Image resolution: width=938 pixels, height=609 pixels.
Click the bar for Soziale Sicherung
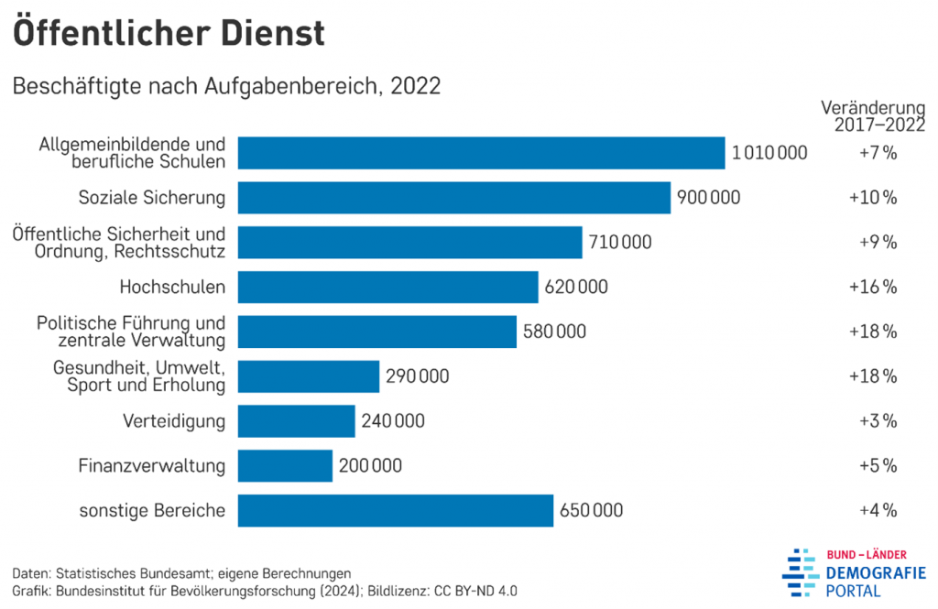[453, 198]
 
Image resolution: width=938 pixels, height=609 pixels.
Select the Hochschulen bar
[387, 288]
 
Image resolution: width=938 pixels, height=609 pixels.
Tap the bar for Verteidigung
[296, 421]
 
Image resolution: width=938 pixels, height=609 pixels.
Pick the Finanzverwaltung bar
[285, 466]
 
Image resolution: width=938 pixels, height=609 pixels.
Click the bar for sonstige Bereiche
[396, 511]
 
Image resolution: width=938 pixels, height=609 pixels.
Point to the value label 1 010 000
[769, 153]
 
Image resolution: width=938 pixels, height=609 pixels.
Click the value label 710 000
[621, 243]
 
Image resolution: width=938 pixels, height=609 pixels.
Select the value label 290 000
[418, 376]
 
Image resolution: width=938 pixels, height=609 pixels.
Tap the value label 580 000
[554, 332]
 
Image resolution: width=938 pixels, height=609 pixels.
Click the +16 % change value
[872, 288]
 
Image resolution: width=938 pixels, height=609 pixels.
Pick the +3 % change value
[877, 421]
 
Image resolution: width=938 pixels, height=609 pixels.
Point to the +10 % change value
[872, 198]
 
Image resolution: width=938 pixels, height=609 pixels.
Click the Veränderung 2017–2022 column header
[872, 115]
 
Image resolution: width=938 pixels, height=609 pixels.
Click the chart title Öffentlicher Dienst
[169, 33]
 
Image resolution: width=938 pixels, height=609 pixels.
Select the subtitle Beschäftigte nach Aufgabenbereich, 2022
[226, 87]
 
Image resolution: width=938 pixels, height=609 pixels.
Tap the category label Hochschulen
[172, 288]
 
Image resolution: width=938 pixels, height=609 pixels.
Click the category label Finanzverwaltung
[152, 466]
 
